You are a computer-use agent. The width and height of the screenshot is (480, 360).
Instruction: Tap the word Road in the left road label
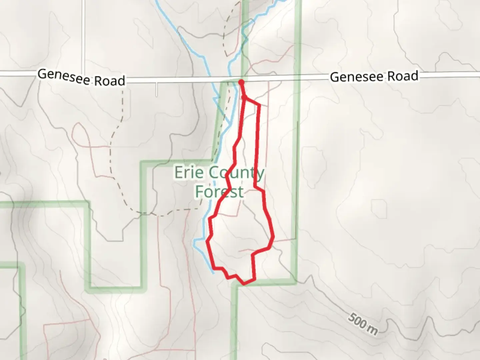click(x=110, y=81)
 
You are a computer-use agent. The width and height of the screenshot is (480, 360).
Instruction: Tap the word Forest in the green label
click(x=219, y=192)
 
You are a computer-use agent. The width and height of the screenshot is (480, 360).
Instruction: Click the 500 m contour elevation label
click(x=363, y=324)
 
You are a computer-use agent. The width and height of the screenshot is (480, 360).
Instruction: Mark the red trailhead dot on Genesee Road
click(x=241, y=81)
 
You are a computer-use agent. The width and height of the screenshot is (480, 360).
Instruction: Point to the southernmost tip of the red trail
click(x=244, y=284)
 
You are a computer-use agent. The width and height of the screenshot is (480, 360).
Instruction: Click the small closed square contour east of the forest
click(x=379, y=207)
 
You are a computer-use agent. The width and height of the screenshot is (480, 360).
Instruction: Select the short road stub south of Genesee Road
click(x=156, y=89)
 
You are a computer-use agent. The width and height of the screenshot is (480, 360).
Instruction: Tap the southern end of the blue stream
click(x=213, y=273)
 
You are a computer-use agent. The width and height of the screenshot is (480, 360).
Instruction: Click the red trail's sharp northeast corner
click(x=259, y=105)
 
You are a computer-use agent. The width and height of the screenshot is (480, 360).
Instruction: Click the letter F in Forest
click(x=200, y=192)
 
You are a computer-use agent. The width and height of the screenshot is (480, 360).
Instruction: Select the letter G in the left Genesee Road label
click(x=42, y=74)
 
